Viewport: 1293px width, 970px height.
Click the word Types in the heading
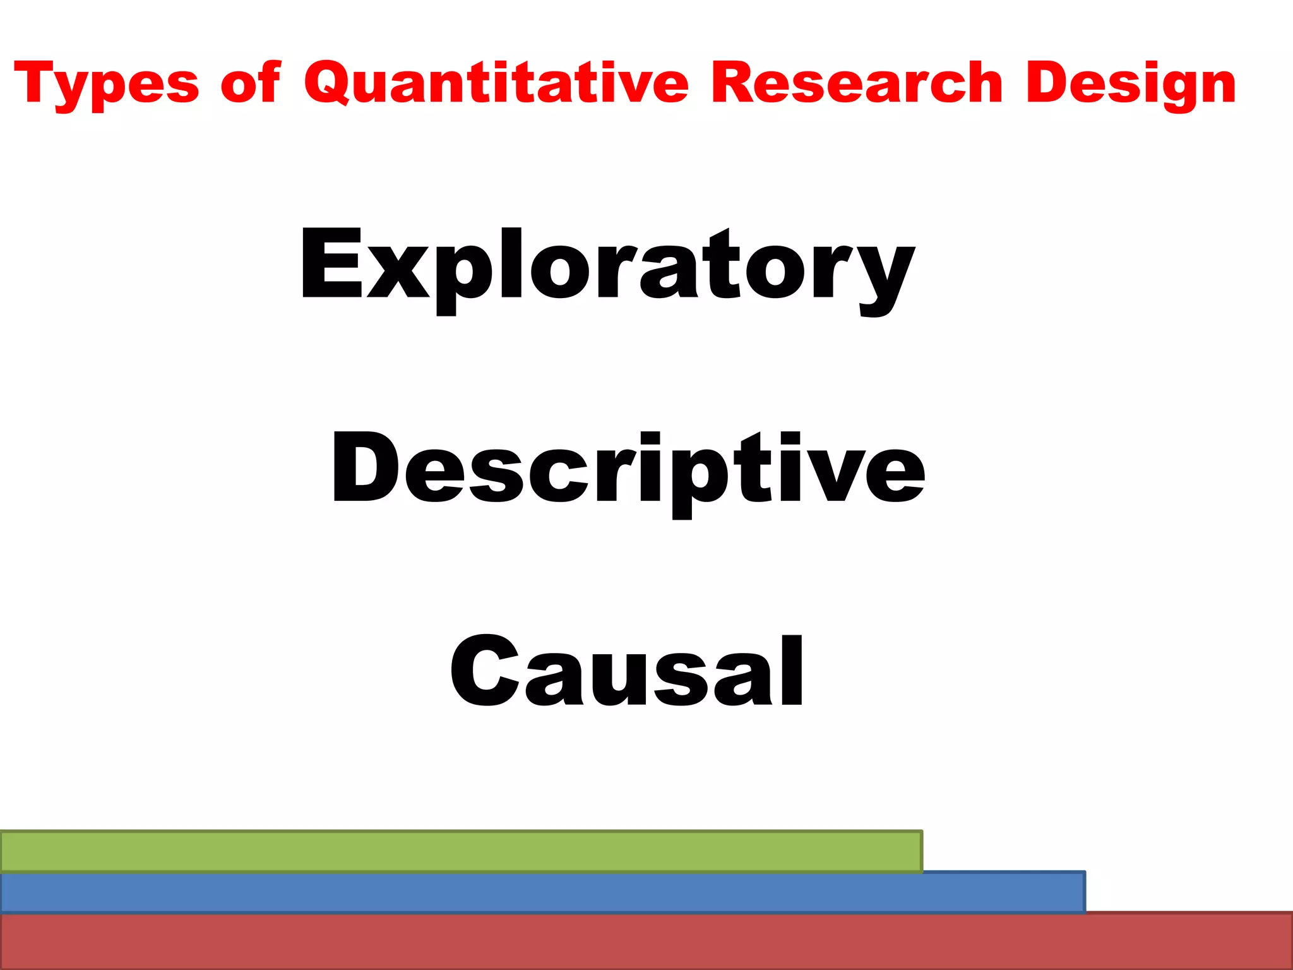pyautogui.click(x=106, y=85)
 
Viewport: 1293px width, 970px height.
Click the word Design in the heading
pyautogui.click(x=1130, y=85)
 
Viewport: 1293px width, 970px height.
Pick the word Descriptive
pyautogui.click(x=628, y=470)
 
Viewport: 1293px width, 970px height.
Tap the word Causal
pyautogui.click(x=626, y=672)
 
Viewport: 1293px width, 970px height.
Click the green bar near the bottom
pyautogui.click(x=461, y=851)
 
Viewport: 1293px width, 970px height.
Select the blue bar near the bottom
pyautogui.click(x=543, y=893)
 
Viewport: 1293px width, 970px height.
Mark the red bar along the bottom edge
pyautogui.click(x=646, y=941)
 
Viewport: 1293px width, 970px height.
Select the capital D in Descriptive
pyautogui.click(x=364, y=469)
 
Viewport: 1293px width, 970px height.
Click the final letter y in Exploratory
pyautogui.click(x=884, y=278)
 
